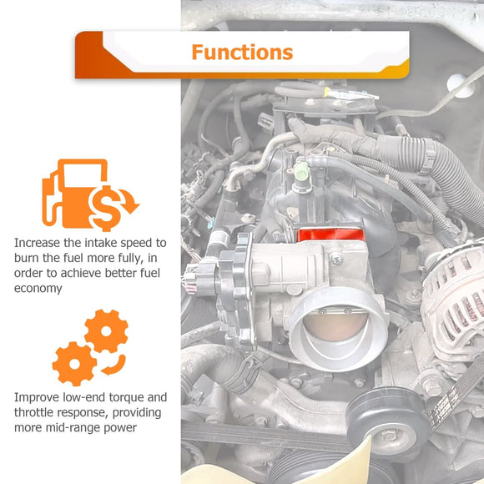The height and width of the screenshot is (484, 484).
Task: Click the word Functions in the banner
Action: (242, 52)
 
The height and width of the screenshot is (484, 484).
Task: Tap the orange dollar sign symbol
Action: (106, 208)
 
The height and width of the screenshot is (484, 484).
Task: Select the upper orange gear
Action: (106, 331)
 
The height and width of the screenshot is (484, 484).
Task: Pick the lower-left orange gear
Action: (74, 364)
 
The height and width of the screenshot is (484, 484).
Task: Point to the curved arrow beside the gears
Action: (116, 366)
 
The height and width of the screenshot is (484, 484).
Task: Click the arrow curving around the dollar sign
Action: (129, 200)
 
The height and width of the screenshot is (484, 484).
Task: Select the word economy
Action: (38, 289)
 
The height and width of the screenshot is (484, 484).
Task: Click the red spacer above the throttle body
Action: (330, 234)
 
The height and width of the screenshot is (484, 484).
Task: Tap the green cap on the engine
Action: (301, 172)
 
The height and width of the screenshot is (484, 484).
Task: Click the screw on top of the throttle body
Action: (335, 258)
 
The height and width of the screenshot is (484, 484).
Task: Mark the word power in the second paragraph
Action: (120, 428)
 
